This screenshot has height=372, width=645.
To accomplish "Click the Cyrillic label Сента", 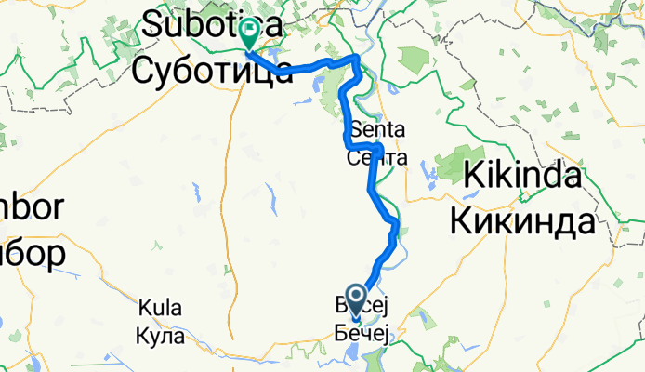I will [x=375, y=157].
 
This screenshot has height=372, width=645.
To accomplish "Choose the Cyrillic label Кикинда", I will [x=522, y=221].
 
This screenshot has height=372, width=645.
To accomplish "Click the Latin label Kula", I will [x=160, y=308].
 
